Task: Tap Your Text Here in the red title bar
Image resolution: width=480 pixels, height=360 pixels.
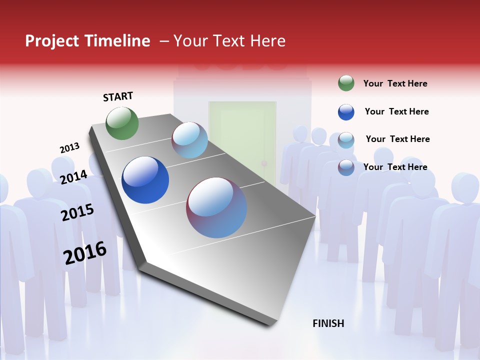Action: [x=229, y=41]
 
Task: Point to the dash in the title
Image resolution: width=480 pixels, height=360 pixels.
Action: [x=164, y=41]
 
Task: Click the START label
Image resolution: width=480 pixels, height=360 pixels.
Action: [x=118, y=96]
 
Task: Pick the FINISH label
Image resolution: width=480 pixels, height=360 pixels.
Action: [x=328, y=323]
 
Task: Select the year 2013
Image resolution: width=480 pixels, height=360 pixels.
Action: [x=69, y=148]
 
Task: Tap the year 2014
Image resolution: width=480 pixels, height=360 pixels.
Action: [x=73, y=177]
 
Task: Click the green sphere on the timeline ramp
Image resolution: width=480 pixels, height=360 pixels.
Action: [x=122, y=123]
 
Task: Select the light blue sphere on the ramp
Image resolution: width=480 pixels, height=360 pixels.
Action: [x=189, y=140]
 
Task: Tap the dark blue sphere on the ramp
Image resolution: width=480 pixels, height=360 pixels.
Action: [x=145, y=180]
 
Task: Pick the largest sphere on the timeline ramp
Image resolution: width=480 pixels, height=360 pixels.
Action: [x=216, y=207]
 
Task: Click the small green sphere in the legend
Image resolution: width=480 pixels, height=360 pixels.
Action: [x=346, y=83]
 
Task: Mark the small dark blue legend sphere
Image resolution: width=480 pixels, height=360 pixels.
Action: [x=346, y=112]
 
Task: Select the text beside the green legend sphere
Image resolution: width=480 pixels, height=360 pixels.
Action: [x=395, y=83]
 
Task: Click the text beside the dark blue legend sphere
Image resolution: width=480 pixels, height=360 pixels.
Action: [x=396, y=111]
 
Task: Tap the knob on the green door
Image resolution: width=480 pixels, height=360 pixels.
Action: [x=265, y=164]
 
